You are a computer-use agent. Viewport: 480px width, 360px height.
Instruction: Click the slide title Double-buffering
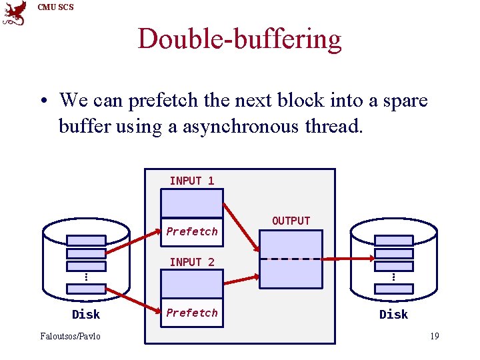point(239,39)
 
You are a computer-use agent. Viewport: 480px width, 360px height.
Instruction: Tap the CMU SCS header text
point(56,7)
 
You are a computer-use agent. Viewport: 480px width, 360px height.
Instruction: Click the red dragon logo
point(15,13)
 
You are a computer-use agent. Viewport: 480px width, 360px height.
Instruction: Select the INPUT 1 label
point(192,181)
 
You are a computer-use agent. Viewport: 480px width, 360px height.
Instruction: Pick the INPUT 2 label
point(192,263)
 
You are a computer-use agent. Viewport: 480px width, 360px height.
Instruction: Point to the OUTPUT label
point(291,221)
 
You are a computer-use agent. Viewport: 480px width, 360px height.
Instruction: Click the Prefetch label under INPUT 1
point(192,231)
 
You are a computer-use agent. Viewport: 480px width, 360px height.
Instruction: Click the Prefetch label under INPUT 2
point(192,313)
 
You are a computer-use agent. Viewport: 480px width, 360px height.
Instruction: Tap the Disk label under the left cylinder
point(86,315)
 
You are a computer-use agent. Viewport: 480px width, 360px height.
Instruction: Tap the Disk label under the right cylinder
point(393,315)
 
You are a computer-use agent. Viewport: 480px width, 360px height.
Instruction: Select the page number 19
point(434,336)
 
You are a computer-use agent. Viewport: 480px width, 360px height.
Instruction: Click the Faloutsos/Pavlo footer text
point(71,336)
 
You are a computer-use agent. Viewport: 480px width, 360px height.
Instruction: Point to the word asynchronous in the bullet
point(247,127)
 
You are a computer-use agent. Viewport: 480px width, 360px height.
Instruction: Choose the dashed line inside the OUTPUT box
point(291,259)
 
